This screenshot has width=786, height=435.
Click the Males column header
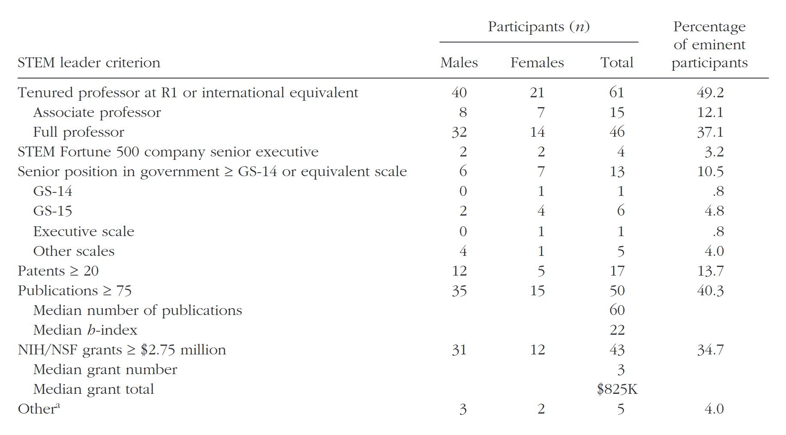click(x=459, y=63)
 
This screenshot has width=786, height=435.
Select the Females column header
click(x=537, y=63)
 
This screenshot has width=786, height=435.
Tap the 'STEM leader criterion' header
click(x=89, y=63)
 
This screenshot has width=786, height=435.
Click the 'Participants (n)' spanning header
click(x=539, y=27)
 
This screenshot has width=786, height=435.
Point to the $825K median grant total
click(x=617, y=389)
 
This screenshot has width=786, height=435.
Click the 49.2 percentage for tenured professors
click(x=710, y=93)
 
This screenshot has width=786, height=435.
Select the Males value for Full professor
click(x=459, y=132)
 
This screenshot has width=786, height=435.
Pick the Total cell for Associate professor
click(x=617, y=112)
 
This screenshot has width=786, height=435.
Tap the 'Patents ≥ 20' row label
click(x=58, y=271)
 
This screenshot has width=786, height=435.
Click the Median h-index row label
click(x=85, y=330)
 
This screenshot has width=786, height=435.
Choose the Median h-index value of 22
click(x=617, y=330)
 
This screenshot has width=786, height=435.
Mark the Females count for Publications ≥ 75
click(x=537, y=291)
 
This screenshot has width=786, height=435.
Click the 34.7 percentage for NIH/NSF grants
click(x=710, y=350)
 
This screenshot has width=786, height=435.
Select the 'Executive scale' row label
click(x=84, y=231)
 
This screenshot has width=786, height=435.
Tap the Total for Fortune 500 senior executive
click(x=620, y=152)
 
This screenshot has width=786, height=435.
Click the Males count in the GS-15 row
click(x=463, y=211)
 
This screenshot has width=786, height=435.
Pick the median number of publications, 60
click(x=617, y=310)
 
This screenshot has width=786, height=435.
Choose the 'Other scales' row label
click(x=74, y=251)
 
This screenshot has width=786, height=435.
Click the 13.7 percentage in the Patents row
click(x=710, y=271)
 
